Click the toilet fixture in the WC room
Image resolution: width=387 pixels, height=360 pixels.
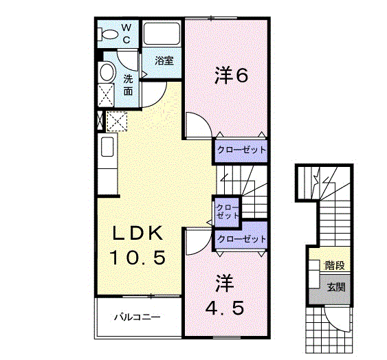click(109, 33)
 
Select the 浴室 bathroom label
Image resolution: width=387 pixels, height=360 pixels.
click(164, 60)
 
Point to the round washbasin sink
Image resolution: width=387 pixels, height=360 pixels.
click(107, 73)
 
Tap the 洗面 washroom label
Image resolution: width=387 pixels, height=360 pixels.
click(129, 85)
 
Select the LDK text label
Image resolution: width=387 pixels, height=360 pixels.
click(137, 233)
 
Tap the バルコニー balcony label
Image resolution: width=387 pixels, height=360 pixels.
click(137, 318)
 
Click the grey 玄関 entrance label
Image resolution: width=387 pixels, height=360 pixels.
click(335, 287)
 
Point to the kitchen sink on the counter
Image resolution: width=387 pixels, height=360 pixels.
click(107, 147)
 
